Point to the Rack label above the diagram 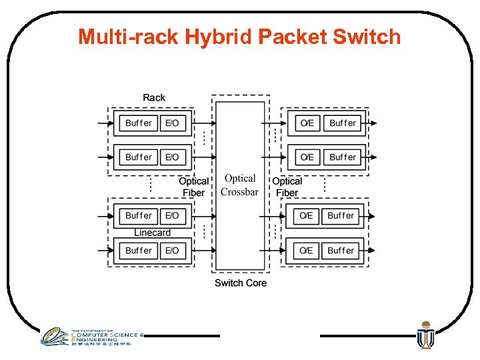point(154,97)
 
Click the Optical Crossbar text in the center point(239,185)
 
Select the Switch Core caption point(240,283)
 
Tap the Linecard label point(152,233)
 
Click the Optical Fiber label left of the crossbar point(193,187)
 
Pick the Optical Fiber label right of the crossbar point(287,187)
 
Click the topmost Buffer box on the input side point(138,123)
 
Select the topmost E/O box point(172,123)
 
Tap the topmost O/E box point(307,123)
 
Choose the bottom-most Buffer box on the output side point(341,251)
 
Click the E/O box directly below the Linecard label point(172,251)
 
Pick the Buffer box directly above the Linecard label point(138,215)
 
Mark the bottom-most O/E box point(306,251)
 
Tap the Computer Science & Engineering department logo point(90,337)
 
